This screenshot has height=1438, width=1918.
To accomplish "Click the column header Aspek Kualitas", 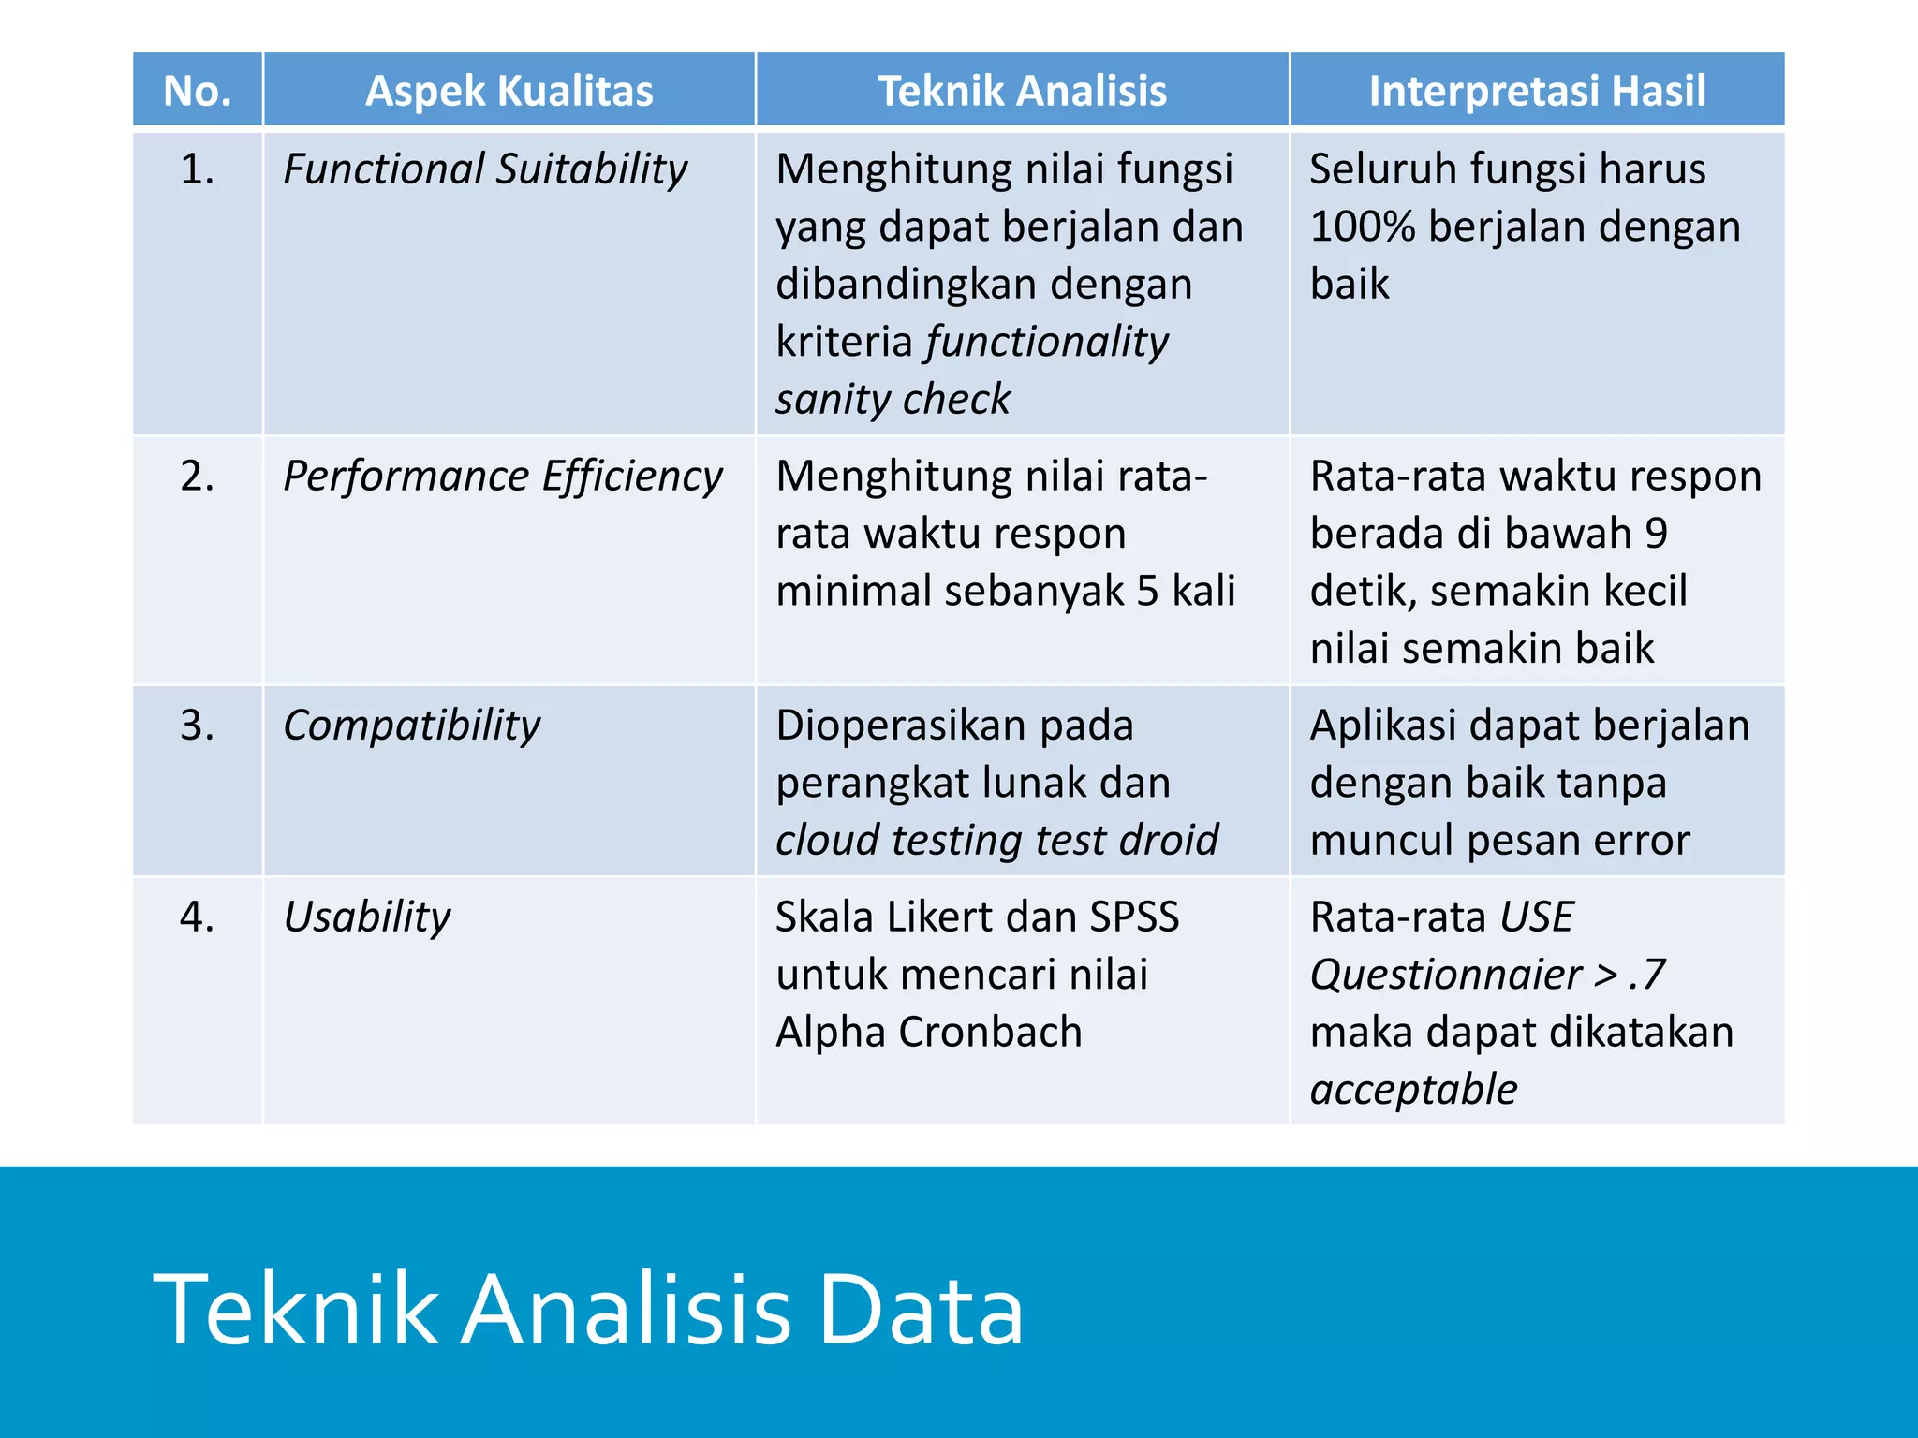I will [509, 91].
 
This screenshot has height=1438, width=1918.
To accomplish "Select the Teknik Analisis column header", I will [1022, 91].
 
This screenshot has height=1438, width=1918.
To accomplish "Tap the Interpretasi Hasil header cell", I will [1537, 91].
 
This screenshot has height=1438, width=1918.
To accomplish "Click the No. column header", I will [197, 91].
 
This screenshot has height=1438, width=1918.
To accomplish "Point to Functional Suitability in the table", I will [485, 169].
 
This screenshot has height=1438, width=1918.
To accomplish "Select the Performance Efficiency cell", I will [503, 477].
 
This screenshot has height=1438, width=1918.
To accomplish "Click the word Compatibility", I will [412, 726].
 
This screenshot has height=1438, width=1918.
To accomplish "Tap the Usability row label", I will [367, 917].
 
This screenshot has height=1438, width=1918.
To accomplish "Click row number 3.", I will [197, 726].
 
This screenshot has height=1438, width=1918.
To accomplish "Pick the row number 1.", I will [197, 169].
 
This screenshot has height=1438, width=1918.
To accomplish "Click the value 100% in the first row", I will [1362, 227].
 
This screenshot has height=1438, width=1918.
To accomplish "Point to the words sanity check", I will [893, 400].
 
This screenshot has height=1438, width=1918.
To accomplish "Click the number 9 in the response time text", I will [1656, 534].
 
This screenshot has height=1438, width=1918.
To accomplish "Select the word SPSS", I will [1133, 917].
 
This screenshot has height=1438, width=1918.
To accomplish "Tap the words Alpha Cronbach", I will [928, 1032].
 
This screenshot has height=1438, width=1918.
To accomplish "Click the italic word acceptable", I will [1413, 1090].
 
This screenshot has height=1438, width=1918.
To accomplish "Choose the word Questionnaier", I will [1445, 976].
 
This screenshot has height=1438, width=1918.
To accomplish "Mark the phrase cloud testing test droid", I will [996, 840].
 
